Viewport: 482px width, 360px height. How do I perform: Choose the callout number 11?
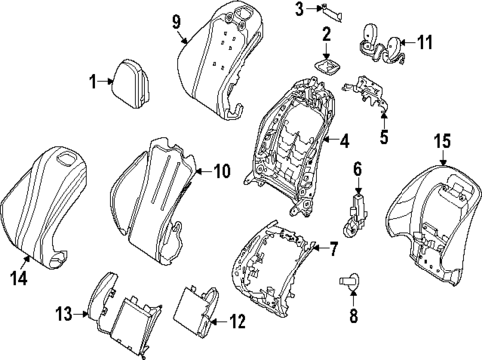click(424, 42)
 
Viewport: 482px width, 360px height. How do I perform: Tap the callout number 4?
click(344, 141)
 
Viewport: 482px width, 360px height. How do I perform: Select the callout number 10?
click(220, 171)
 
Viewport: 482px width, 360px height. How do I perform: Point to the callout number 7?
click(333, 247)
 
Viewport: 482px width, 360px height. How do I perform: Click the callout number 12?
click(236, 321)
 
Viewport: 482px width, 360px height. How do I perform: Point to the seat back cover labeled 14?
click(45, 199)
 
